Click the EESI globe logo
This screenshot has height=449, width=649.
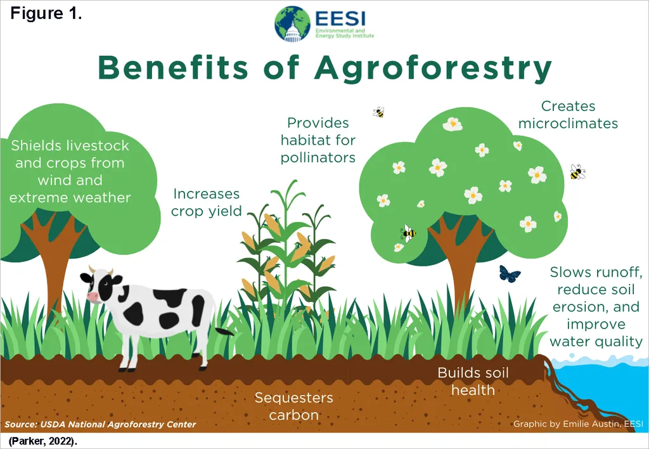[292, 24]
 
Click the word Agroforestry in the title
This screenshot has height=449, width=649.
[433, 68]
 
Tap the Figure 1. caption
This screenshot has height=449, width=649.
[46, 13]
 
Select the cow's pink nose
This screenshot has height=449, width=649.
[92, 297]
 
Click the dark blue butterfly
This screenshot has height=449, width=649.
[510, 274]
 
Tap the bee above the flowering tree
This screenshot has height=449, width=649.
[379, 112]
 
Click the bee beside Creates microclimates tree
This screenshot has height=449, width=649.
[577, 172]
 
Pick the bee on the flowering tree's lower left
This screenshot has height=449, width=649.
[409, 233]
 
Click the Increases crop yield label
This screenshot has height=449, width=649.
[206, 202]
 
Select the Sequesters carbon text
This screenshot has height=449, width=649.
[294, 406]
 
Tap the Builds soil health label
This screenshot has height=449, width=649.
[473, 381]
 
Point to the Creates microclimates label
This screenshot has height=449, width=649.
[568, 115]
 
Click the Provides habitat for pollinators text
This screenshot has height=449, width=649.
[318, 140]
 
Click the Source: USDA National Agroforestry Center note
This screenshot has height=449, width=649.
[100, 424]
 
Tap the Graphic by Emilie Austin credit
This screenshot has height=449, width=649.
[578, 424]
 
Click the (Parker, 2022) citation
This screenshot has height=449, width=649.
[42, 441]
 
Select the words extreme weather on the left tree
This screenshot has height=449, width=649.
[70, 198]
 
